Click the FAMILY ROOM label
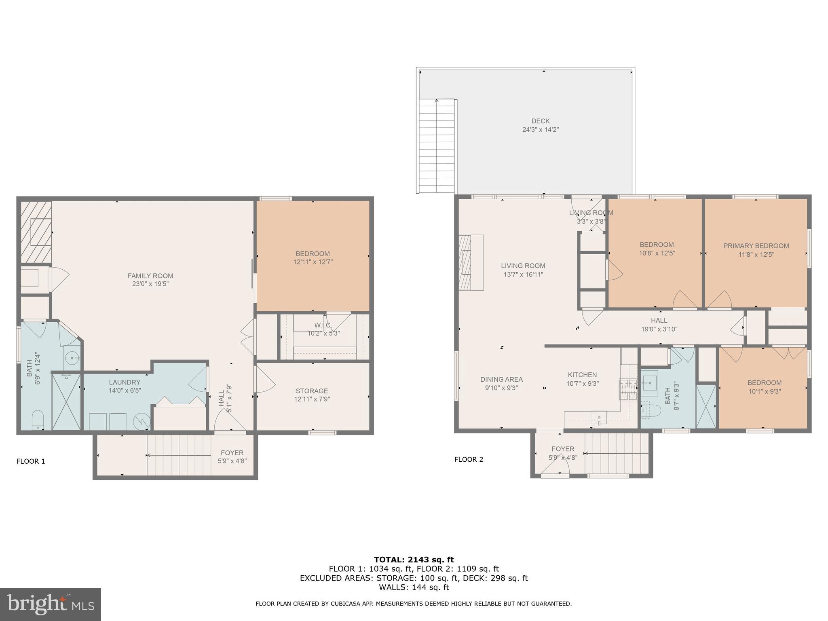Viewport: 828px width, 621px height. (x=150, y=276)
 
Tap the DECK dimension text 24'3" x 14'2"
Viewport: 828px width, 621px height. (x=540, y=130)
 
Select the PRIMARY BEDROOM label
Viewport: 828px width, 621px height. (x=756, y=246)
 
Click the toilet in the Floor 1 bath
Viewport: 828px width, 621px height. (x=38, y=419)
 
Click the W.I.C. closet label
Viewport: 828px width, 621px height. (x=323, y=325)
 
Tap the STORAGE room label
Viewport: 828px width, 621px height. (x=312, y=391)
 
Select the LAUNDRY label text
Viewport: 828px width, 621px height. (x=125, y=382)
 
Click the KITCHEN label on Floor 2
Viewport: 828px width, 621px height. (x=582, y=375)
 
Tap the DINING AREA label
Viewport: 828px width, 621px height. (x=501, y=379)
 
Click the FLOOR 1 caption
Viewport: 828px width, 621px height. (x=31, y=461)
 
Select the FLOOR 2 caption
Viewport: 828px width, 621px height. (x=469, y=459)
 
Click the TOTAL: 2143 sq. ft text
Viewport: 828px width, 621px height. (x=414, y=560)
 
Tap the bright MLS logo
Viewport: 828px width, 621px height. (x=50, y=604)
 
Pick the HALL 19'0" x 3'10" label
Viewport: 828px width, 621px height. (x=659, y=325)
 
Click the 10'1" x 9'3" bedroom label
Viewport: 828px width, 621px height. (x=764, y=391)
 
